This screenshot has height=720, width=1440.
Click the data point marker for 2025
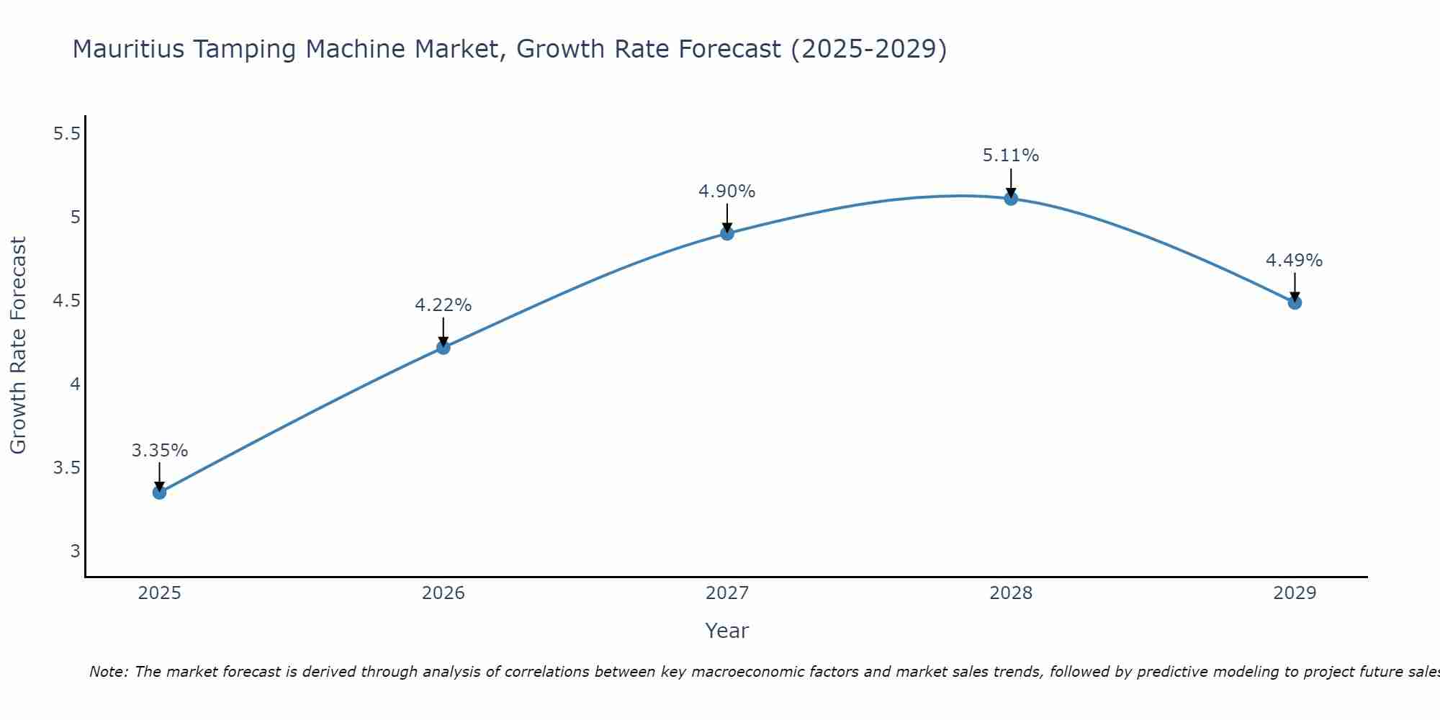point(159,492)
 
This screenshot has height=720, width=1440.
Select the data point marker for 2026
point(443,348)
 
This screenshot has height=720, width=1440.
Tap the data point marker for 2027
point(727,233)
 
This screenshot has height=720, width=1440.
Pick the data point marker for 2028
point(1011,199)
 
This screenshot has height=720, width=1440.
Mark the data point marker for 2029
point(1295,302)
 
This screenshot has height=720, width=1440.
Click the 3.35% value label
point(160,451)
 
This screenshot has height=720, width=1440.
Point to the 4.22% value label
point(443,305)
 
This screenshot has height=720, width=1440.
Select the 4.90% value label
point(727,192)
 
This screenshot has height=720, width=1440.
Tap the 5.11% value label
point(1011,156)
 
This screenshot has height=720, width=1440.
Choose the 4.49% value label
point(1295,261)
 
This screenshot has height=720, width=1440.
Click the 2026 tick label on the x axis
point(443,593)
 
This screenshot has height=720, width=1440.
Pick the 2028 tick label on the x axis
point(1011,593)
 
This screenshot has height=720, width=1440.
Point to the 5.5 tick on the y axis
point(67,134)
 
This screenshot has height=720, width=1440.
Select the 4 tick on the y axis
point(75,384)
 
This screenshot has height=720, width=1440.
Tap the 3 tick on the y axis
point(75,552)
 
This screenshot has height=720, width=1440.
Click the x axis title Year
point(727,631)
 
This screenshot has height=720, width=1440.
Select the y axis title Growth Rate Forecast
point(19,346)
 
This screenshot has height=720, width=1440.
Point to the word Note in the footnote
point(108,672)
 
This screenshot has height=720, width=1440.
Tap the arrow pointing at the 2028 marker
point(1011,183)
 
